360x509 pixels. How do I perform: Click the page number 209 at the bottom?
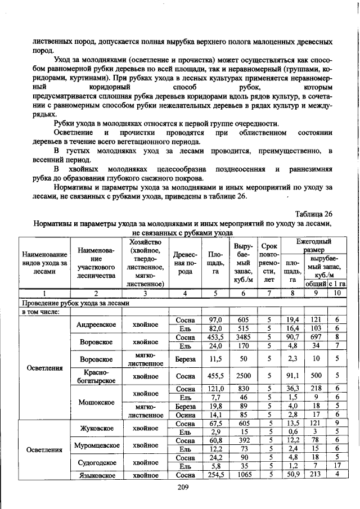pyautogui.click(x=181, y=487)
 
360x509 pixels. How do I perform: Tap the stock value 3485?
pyautogui.click(x=243, y=337)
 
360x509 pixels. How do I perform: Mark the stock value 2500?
pyautogui.click(x=243, y=376)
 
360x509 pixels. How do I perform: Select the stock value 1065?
pyautogui.click(x=243, y=475)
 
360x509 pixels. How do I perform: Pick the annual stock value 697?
pyautogui.click(x=316, y=337)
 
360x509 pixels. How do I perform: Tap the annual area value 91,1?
pyautogui.click(x=292, y=376)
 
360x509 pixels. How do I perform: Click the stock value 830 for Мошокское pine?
pyautogui.click(x=243, y=389)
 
